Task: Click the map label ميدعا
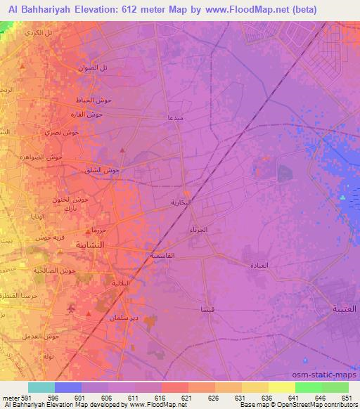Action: pyautogui.click(x=174, y=117)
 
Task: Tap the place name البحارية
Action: pyautogui.click(x=182, y=202)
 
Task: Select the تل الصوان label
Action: pyautogui.click(x=93, y=67)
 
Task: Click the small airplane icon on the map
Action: pyautogui.click(x=70, y=309)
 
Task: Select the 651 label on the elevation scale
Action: pyautogui.click(x=347, y=397)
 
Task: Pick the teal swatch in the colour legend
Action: pyautogui.click(x=41, y=387)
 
